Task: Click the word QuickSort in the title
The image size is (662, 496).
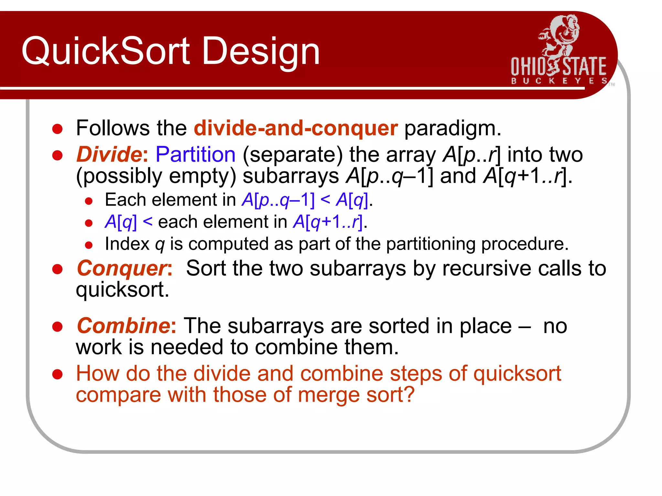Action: pyautogui.click(x=106, y=51)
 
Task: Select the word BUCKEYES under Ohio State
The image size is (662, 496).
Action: pyautogui.click(x=559, y=81)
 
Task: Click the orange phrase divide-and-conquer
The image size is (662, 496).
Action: pyautogui.click(x=295, y=128)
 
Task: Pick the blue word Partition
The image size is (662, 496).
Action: pyautogui.click(x=195, y=154)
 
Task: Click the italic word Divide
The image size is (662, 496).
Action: pyautogui.click(x=109, y=154)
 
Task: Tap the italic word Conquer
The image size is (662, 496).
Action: pyautogui.click(x=122, y=268)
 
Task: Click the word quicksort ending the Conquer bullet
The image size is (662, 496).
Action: pyautogui.click(x=122, y=290)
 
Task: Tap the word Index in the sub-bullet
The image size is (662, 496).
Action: pyautogui.click(x=127, y=244)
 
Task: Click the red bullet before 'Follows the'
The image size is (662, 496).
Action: pyautogui.click(x=57, y=129)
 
